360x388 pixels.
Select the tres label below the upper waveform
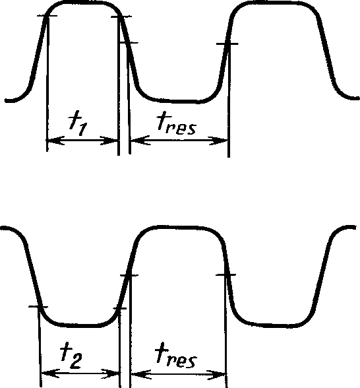(x=177, y=123)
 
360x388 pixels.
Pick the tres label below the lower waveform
(x=176, y=354)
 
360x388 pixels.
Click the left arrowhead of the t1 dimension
(x=55, y=141)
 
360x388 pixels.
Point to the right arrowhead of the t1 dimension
(x=109, y=141)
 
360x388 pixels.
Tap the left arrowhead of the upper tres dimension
(x=140, y=141)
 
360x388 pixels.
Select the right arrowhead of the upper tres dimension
(x=218, y=141)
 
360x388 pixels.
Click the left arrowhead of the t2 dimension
(x=51, y=373)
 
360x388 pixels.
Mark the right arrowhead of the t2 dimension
(x=111, y=374)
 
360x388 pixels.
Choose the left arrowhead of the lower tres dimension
(x=141, y=375)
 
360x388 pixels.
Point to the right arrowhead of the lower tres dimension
(x=216, y=375)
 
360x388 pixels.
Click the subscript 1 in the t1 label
(x=82, y=129)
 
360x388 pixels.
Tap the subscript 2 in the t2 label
(x=75, y=361)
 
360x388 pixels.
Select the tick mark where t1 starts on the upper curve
(x=47, y=16)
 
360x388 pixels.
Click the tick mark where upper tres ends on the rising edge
(x=227, y=44)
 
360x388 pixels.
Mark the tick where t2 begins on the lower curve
(x=38, y=307)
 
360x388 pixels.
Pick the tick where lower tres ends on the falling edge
(x=225, y=275)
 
